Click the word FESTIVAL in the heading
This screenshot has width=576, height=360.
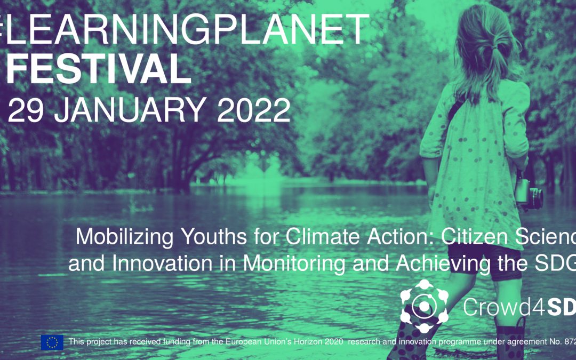pos(98,69)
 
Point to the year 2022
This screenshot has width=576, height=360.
pos(254,110)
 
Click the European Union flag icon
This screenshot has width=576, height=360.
pos(52,342)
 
